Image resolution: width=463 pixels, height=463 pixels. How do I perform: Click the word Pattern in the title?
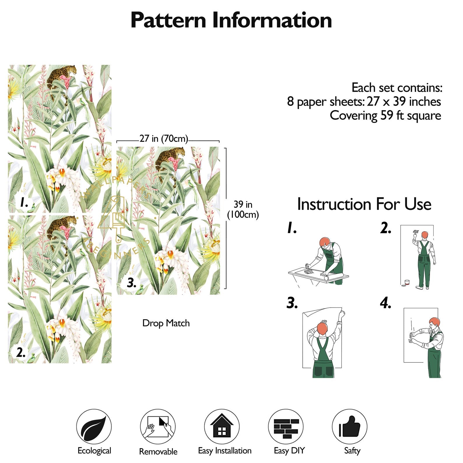(x=168, y=20)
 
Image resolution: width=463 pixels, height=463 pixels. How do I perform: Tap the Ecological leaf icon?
(x=94, y=427)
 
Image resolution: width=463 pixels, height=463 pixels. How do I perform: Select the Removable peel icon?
(x=158, y=427)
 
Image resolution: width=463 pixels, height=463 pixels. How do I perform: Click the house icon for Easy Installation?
(x=222, y=427)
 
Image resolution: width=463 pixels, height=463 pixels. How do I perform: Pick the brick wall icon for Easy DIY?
(x=286, y=427)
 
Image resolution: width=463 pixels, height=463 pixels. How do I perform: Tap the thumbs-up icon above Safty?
(x=350, y=427)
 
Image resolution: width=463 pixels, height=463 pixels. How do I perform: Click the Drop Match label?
(x=166, y=323)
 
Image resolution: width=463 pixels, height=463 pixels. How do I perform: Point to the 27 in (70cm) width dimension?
(x=164, y=138)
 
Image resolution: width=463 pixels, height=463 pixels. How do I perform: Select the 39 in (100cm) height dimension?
(x=243, y=210)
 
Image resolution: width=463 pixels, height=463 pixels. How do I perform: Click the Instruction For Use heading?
(x=364, y=204)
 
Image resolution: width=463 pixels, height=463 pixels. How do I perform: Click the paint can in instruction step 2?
(x=407, y=283)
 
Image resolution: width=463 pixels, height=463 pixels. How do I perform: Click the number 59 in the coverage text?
(x=387, y=115)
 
